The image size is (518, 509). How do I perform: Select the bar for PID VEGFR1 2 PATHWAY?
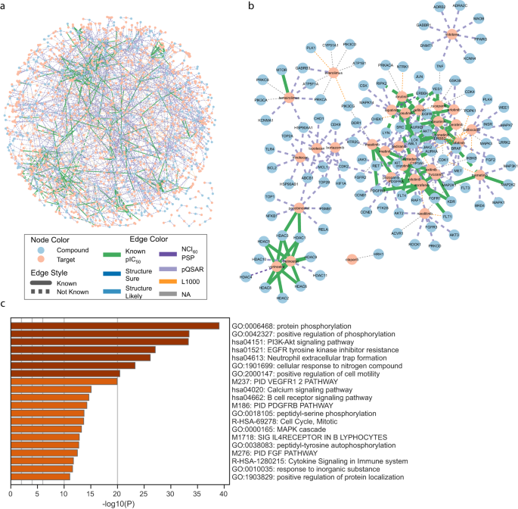(64, 381)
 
